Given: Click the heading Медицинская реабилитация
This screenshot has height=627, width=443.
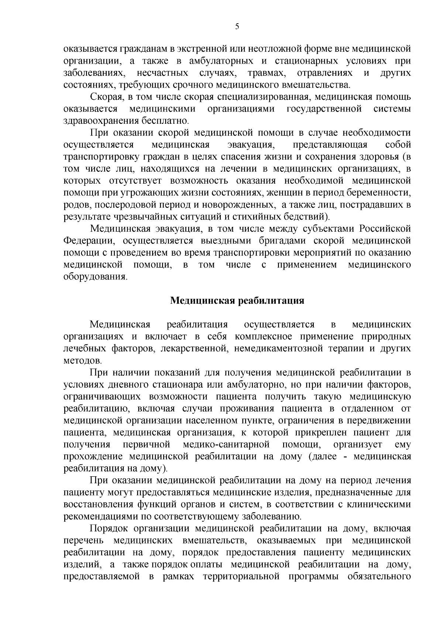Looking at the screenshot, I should [x=237, y=300].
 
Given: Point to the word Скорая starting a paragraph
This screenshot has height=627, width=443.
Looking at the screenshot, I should [x=107, y=97].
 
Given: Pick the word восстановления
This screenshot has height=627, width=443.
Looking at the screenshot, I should [x=99, y=504].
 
